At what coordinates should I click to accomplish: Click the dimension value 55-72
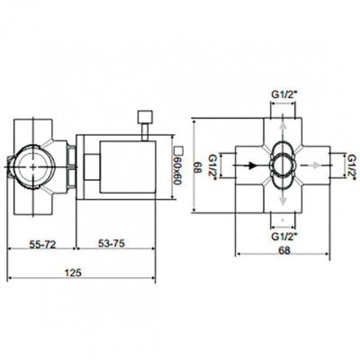click(x=42, y=245)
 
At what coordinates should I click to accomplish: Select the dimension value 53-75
click(x=112, y=244)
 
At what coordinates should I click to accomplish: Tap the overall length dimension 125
click(x=73, y=273)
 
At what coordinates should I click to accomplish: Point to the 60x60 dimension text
click(x=178, y=171)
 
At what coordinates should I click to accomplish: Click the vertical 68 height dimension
click(x=197, y=167)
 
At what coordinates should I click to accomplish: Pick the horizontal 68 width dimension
click(x=284, y=250)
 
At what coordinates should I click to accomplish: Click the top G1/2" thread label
click(x=284, y=94)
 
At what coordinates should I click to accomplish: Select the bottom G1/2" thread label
click(x=284, y=237)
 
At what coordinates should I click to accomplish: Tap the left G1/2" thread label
click(x=212, y=167)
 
